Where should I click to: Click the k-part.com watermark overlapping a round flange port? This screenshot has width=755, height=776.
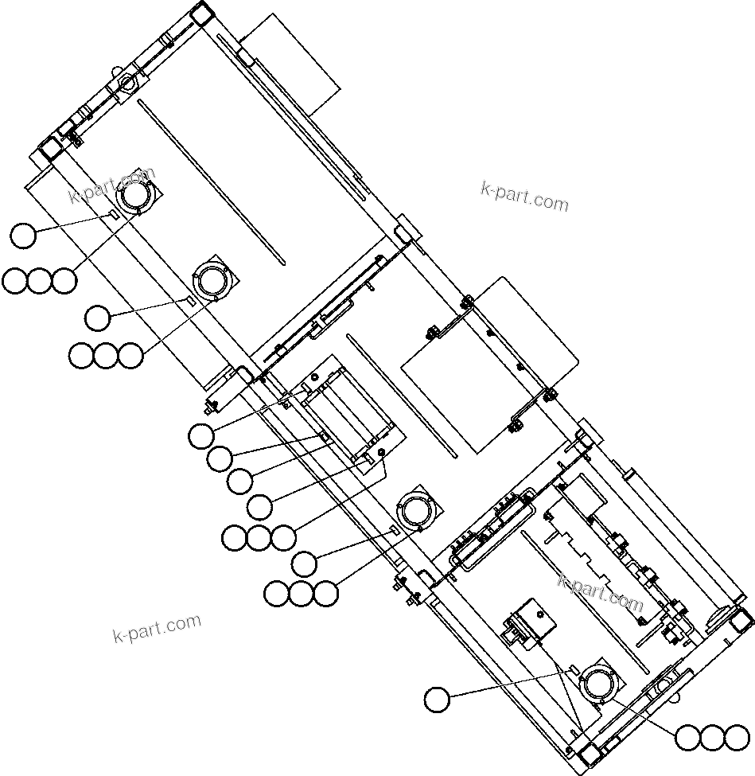coord(111,185)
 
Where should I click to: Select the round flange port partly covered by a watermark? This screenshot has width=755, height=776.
coord(135,196)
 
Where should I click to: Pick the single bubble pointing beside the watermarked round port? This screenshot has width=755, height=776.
coord(23,236)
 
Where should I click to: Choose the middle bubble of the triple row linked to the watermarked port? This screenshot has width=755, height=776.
coord(39,280)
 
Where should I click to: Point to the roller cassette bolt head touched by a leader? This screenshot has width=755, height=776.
coord(382,452)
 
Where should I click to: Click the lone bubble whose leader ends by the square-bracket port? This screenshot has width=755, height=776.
coord(436,700)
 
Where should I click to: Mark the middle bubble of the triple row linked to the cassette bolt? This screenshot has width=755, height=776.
coord(259,539)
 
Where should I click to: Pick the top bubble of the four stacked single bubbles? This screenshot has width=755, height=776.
coord(200,435)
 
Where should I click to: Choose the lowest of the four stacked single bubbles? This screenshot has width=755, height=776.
coord(259,505)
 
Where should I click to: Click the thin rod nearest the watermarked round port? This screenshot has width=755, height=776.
coord(210,179)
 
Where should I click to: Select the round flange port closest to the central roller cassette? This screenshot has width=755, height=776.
coord(415,509)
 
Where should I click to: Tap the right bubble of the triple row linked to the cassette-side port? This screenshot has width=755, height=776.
coord(325,593)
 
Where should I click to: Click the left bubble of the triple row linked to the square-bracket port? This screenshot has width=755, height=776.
coord(687,738)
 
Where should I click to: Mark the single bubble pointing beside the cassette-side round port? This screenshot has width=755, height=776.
coord(304,563)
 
